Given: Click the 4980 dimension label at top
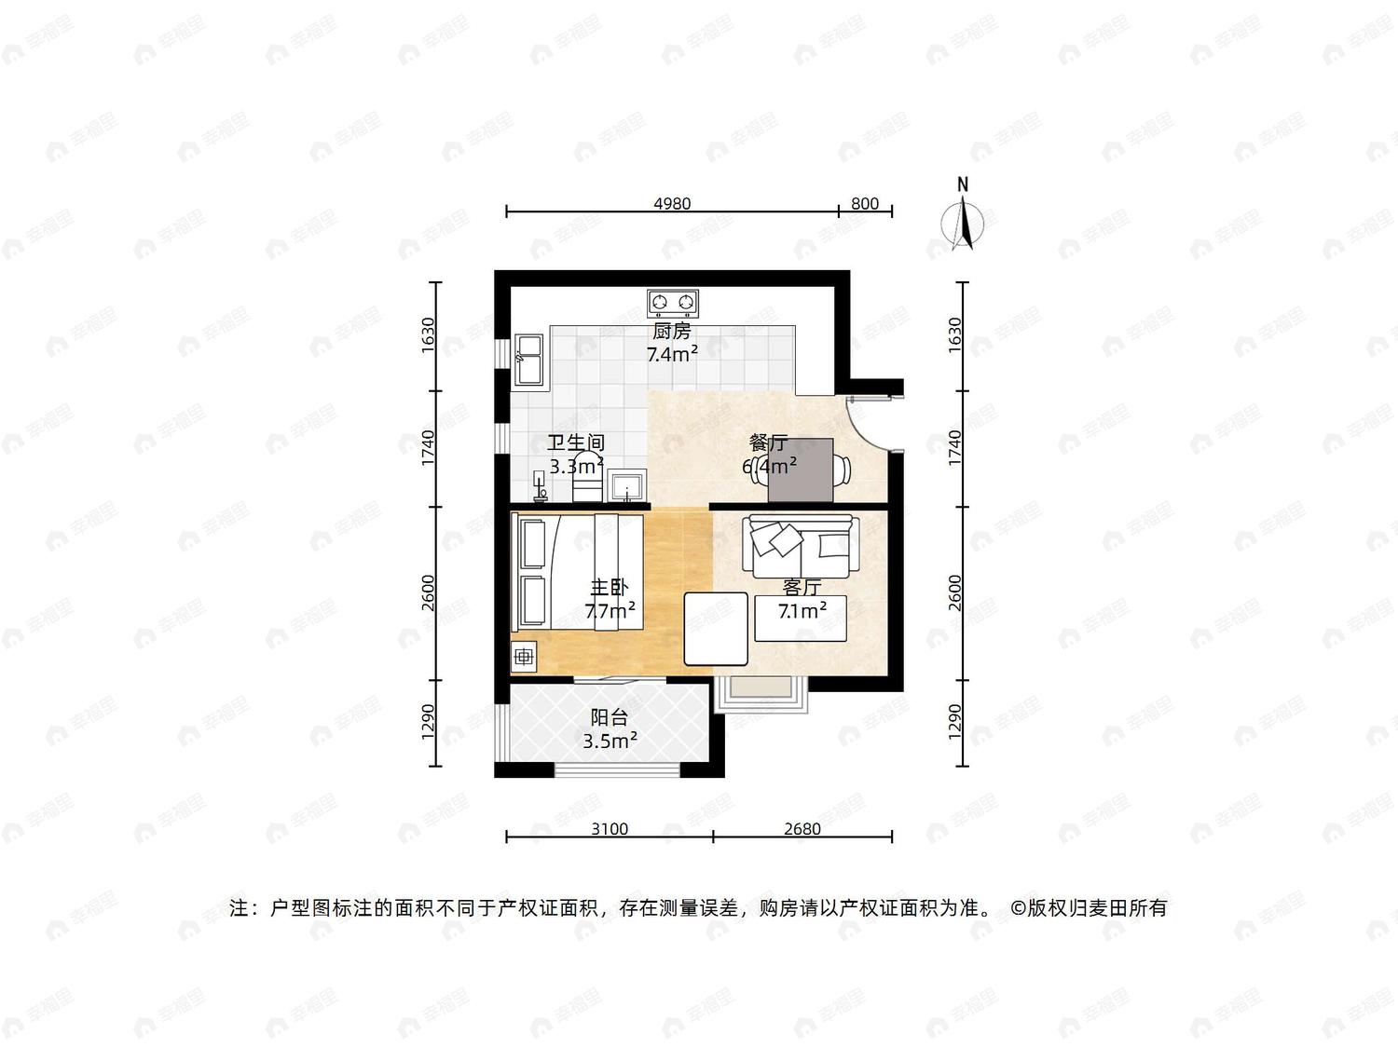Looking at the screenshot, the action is pyautogui.click(x=672, y=204).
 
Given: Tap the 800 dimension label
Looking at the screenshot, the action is pyautogui.click(x=864, y=204).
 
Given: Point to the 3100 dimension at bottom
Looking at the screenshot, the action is pyautogui.click(x=610, y=829).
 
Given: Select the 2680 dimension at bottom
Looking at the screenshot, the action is pyautogui.click(x=802, y=829).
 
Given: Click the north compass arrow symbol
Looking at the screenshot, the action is pyautogui.click(x=963, y=223).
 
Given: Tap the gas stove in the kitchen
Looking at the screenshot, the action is pyautogui.click(x=673, y=304).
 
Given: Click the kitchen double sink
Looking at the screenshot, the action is pyautogui.click(x=529, y=361).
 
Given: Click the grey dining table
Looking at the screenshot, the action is pyautogui.click(x=801, y=470).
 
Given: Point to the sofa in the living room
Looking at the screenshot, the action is pyautogui.click(x=801, y=546).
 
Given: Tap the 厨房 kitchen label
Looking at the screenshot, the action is pyautogui.click(x=671, y=332).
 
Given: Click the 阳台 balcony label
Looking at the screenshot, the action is pyautogui.click(x=610, y=717).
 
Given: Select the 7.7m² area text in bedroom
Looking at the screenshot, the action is pyautogui.click(x=610, y=611).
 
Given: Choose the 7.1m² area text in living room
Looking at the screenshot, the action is pyautogui.click(x=802, y=611).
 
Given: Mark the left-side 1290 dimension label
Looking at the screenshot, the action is pyautogui.click(x=428, y=722).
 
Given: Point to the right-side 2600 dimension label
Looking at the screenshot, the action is pyautogui.click(x=954, y=592).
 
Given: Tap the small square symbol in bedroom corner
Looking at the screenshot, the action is pyautogui.click(x=524, y=656).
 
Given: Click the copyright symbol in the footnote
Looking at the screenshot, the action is pyautogui.click(x=1019, y=908).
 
